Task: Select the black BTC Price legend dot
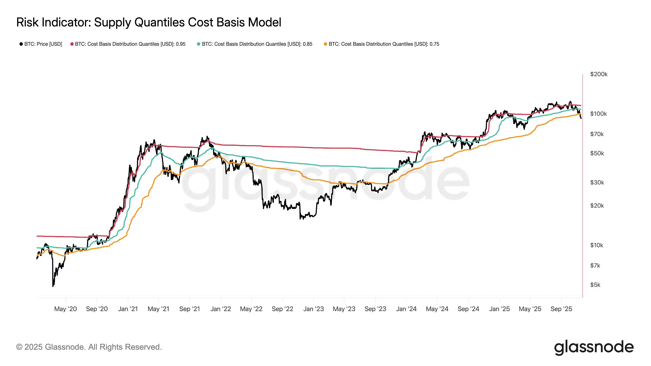pyautogui.click(x=21, y=44)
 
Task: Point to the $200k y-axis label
pyautogui.click(x=599, y=74)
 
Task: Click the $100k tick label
pyautogui.click(x=598, y=114)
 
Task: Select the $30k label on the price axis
pyautogui.click(x=597, y=182)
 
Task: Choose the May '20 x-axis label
pyautogui.click(x=66, y=309)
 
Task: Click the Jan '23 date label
pyautogui.click(x=313, y=309)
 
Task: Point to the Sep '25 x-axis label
pyautogui.click(x=561, y=309)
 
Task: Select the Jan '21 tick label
pyautogui.click(x=128, y=309)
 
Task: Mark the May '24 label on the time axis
pyautogui.click(x=437, y=309)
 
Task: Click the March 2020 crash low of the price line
pyautogui.click(x=53, y=286)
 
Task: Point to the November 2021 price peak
pyautogui.click(x=208, y=137)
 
